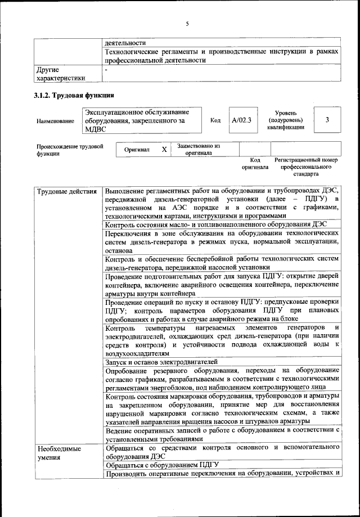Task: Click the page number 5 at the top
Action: [187, 23]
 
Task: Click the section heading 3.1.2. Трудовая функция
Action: [75, 96]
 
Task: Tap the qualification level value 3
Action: [327, 120]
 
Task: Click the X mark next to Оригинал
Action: [164, 150]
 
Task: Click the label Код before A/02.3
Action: [215, 120]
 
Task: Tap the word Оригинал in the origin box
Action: [136, 150]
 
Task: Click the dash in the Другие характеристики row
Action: [107, 69]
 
